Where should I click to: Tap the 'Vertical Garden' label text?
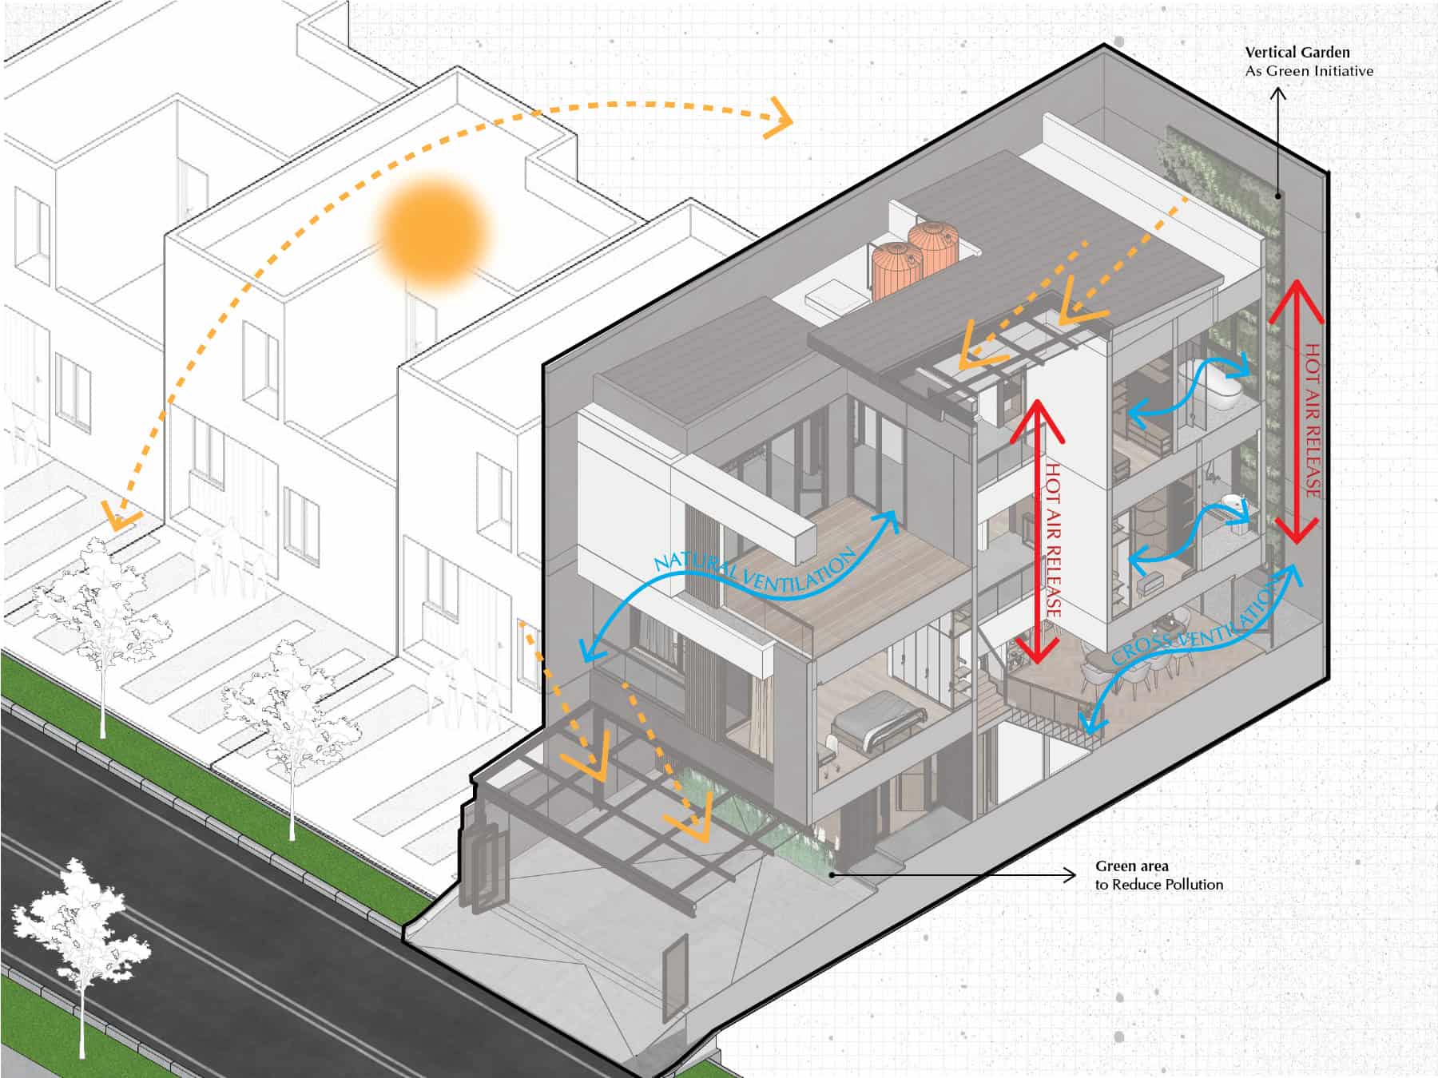1297,53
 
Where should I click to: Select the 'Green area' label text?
1131,866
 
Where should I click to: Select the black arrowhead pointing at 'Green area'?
1068,876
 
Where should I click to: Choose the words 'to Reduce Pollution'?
1158,885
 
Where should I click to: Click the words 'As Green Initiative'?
1309,71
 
